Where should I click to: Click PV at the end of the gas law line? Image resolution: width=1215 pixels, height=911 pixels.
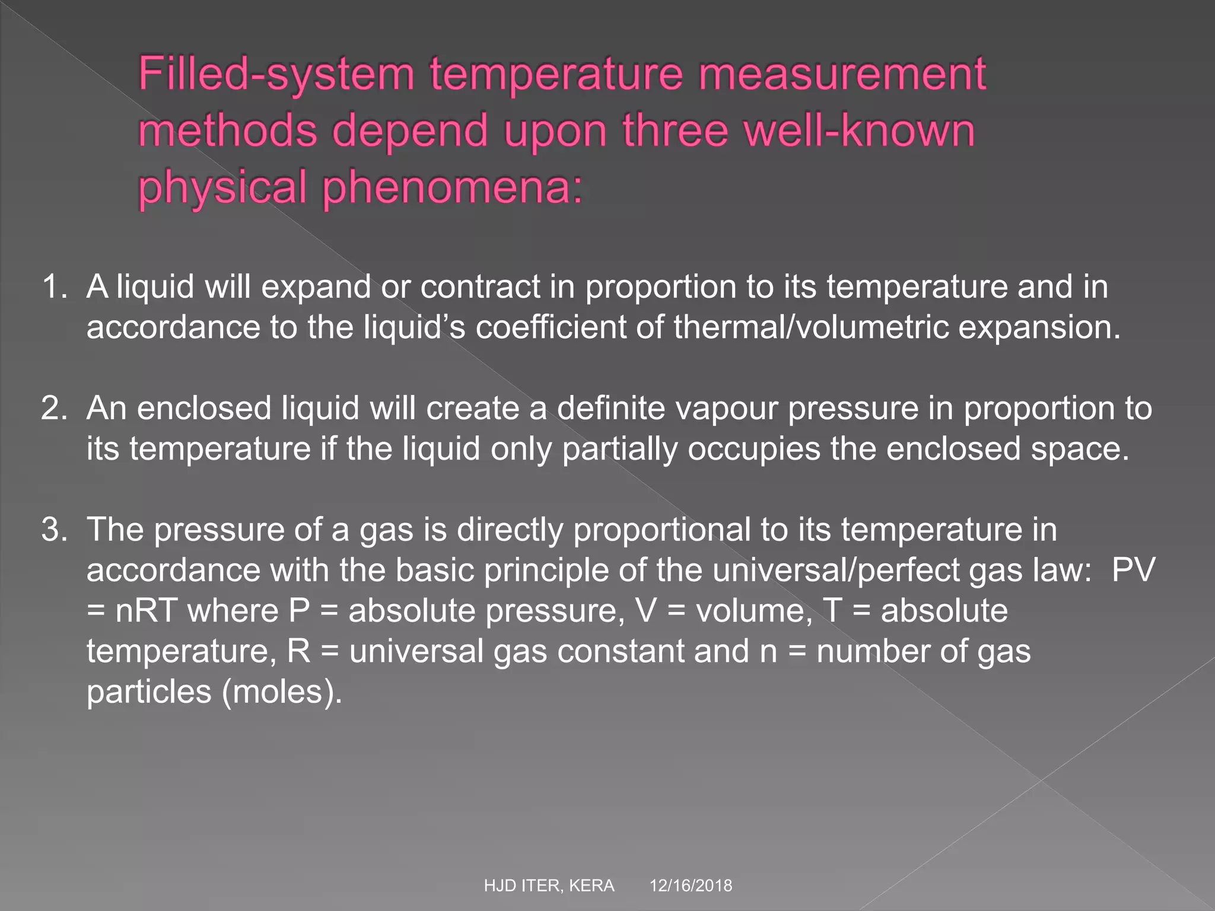coord(1133,571)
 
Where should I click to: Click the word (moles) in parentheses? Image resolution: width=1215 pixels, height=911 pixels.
coord(282,692)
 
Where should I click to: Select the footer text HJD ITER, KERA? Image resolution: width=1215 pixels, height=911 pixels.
coord(549,886)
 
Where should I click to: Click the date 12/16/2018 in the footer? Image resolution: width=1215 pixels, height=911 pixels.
coord(691,886)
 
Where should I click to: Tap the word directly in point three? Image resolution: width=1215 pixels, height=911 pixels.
coord(510,530)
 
